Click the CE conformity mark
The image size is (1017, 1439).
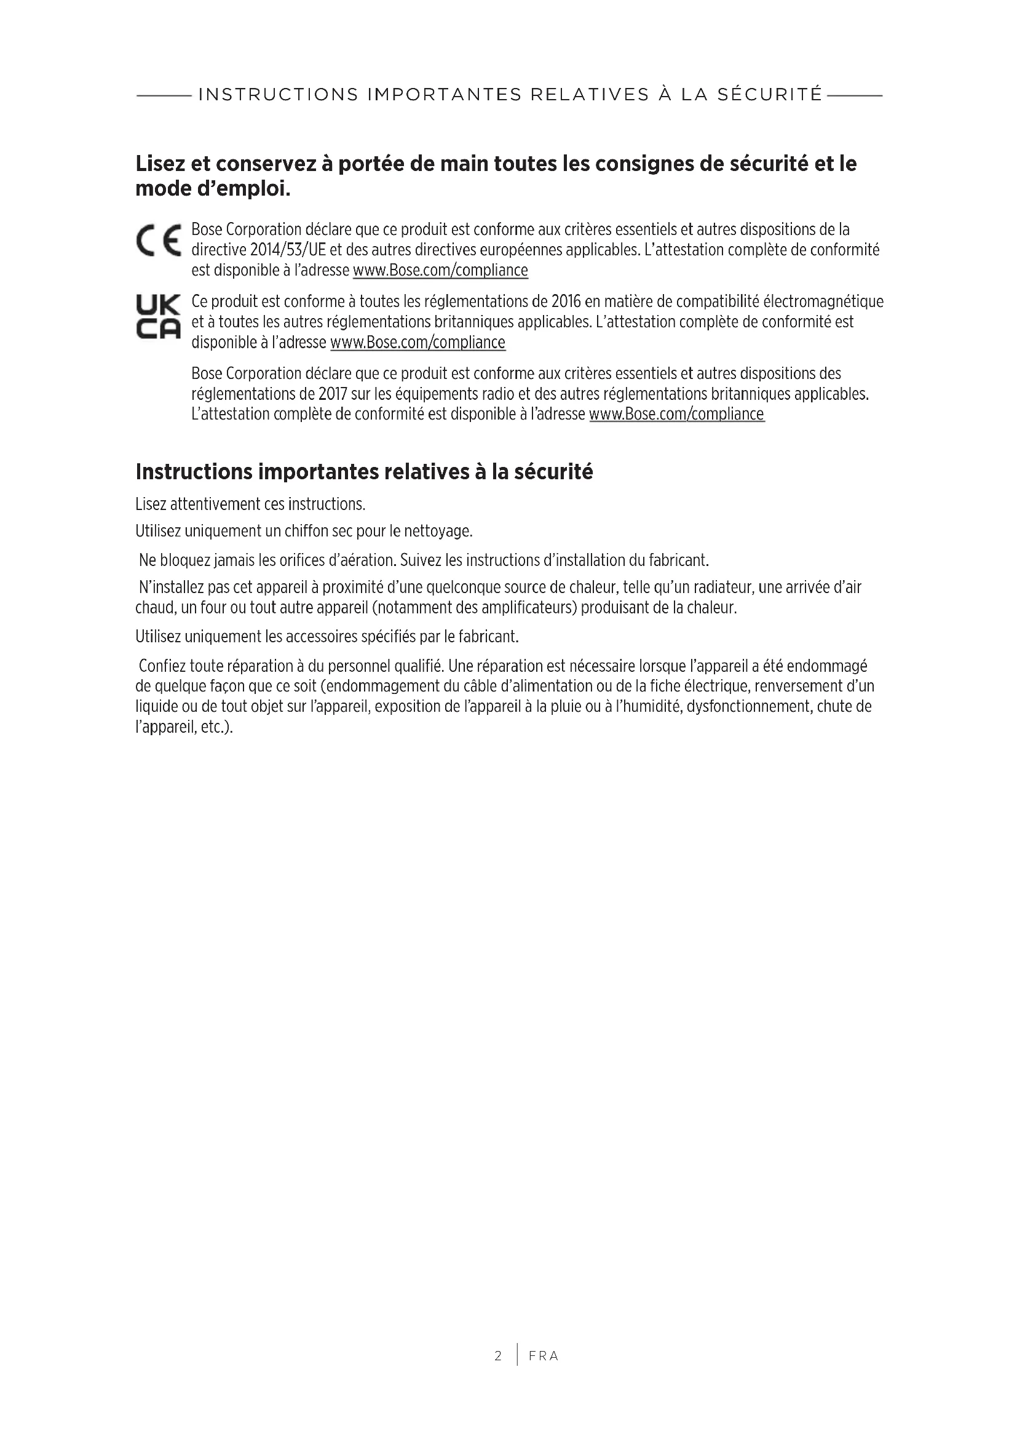[x=158, y=241]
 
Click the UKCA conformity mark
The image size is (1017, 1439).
[x=158, y=317]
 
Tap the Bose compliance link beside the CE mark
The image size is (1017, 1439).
[x=440, y=271]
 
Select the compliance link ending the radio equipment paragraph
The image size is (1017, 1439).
[x=676, y=414]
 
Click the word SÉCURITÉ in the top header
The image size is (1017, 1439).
[x=770, y=95]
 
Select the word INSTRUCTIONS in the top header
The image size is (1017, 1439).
[x=279, y=95]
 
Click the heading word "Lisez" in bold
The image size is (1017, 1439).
[x=160, y=164]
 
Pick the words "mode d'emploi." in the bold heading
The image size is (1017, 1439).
[x=213, y=189]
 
